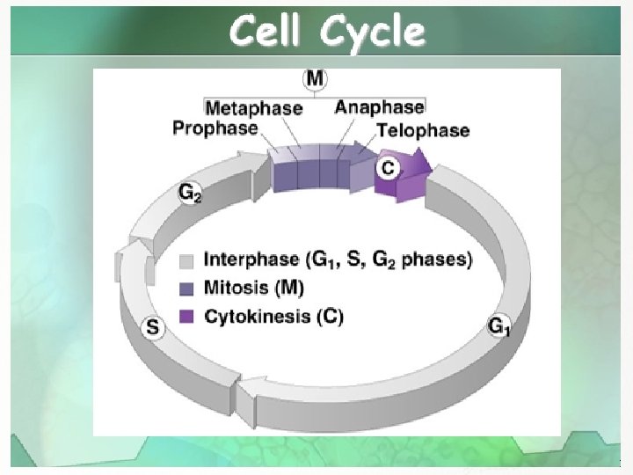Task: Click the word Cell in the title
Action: coord(266,31)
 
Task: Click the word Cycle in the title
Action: coord(373,33)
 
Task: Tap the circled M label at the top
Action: coord(315,78)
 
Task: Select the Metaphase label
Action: coord(254,108)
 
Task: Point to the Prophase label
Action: coord(215,128)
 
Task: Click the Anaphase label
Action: coord(380,107)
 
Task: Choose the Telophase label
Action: coord(423,130)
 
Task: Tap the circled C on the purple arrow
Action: coord(388,168)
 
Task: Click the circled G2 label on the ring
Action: coord(189,193)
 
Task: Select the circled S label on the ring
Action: coord(153,326)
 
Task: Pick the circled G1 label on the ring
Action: coord(499,326)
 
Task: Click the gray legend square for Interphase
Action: coord(186,261)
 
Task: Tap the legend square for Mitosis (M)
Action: coord(186,289)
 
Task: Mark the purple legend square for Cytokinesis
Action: coord(186,317)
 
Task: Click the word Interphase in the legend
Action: coord(251,259)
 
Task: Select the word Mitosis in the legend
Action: coord(236,288)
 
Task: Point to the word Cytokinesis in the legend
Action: coord(257,317)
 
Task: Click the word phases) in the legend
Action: coord(437,259)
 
